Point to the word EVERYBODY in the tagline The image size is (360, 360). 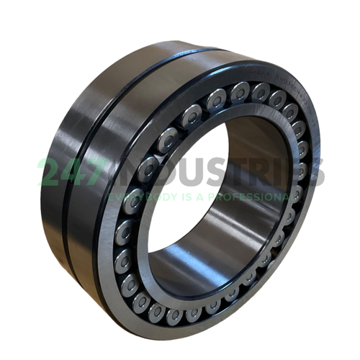pos(137,196)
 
